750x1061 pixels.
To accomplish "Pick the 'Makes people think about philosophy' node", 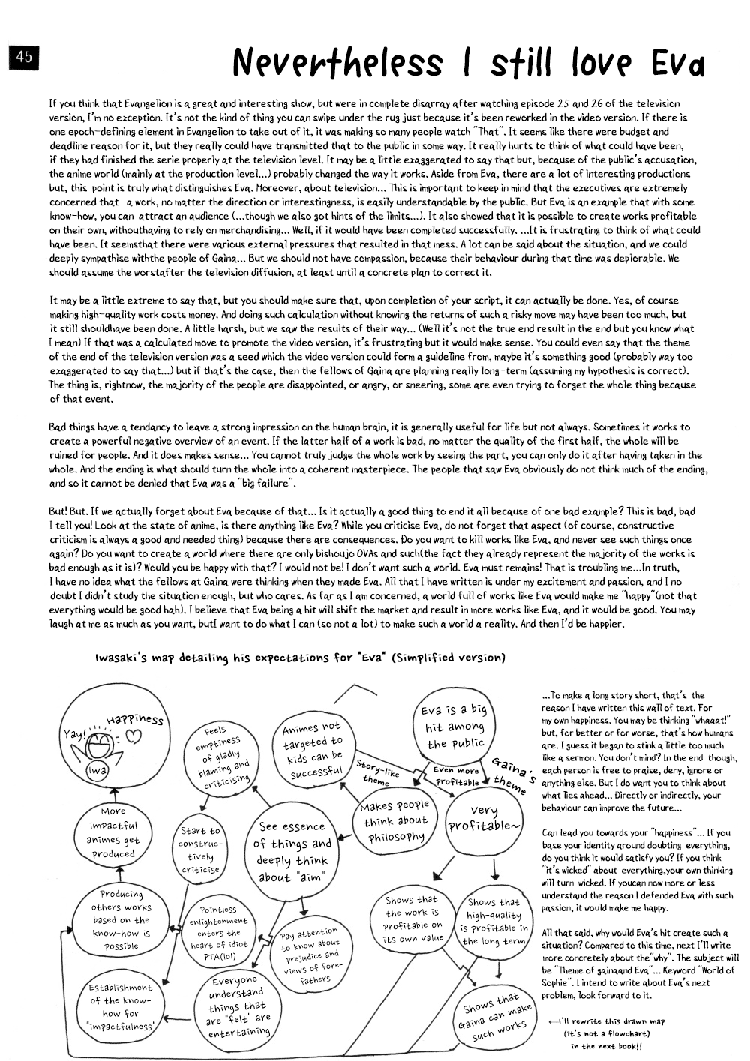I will click(x=395, y=820).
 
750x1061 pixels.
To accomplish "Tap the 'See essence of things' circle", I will click(x=292, y=851).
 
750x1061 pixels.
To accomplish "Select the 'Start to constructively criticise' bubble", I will click(x=200, y=850).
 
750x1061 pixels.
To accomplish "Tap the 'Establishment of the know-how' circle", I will click(x=121, y=1006).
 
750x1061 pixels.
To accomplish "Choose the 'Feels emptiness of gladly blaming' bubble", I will click(x=220, y=756).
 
